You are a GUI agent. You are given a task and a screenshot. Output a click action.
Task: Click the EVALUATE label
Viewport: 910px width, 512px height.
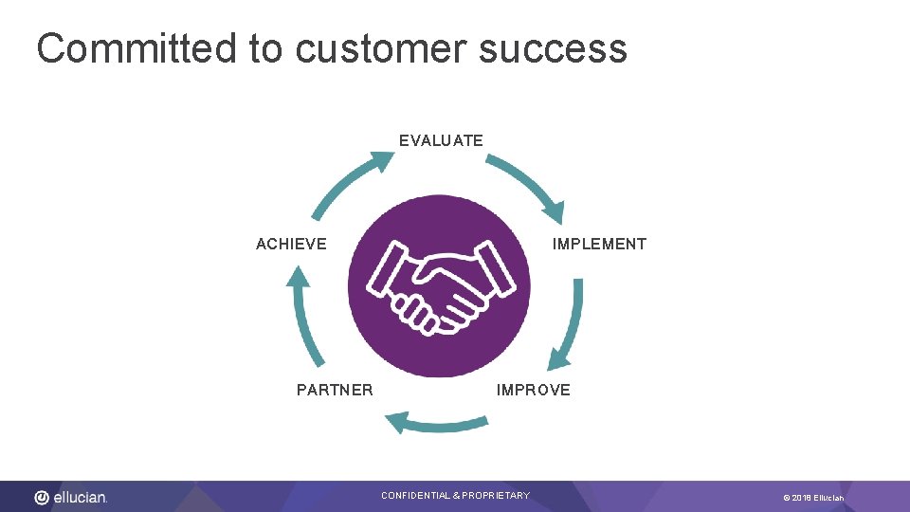click(441, 140)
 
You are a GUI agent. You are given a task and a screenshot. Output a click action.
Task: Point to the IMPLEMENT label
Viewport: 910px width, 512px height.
click(599, 244)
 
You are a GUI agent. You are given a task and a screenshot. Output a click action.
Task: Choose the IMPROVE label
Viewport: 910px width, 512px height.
click(534, 390)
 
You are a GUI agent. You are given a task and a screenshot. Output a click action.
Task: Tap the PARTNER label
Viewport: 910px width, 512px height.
click(335, 390)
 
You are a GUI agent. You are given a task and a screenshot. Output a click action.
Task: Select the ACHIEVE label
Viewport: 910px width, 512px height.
click(291, 244)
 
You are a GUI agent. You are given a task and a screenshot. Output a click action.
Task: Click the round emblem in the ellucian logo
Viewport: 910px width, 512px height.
click(42, 497)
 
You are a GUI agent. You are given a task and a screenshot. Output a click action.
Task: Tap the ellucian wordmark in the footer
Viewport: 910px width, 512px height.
click(81, 497)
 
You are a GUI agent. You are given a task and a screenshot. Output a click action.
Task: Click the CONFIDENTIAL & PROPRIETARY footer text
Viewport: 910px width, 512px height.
click(455, 496)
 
